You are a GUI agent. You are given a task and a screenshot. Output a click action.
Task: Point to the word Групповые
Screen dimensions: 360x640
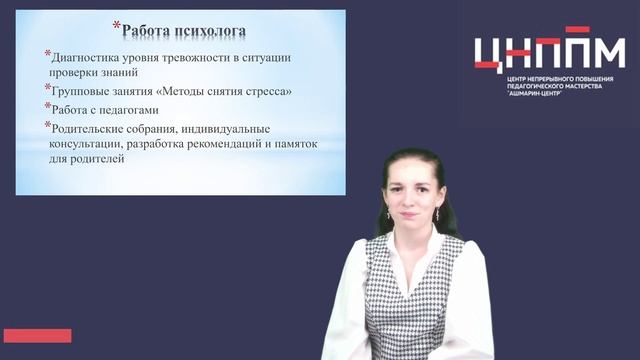click(81, 91)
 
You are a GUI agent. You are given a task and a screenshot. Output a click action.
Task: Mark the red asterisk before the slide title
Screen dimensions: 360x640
click(116, 26)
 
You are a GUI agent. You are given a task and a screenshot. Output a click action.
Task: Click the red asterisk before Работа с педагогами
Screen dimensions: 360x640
click(47, 105)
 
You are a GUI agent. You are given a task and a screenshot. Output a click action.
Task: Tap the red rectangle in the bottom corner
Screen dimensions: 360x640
click(37, 335)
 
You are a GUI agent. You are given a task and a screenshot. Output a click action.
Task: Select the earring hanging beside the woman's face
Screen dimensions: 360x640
click(388, 214)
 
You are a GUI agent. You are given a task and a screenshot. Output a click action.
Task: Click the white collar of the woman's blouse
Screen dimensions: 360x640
click(385, 250)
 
